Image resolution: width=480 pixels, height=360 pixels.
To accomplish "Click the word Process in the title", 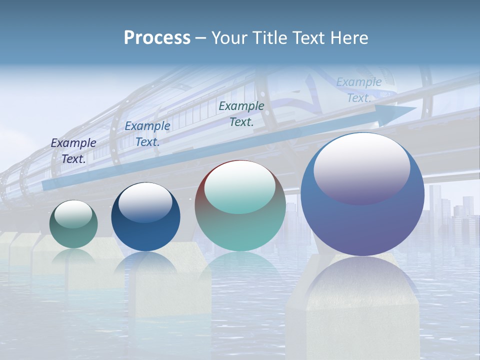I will (x=157, y=38).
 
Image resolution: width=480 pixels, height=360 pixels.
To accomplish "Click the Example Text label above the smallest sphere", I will (x=73, y=150).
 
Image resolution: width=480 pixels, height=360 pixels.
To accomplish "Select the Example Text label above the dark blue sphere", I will (x=147, y=133).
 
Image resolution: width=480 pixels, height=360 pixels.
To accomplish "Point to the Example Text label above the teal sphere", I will (x=241, y=113).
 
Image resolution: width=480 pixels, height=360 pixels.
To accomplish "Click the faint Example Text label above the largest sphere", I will (x=359, y=90).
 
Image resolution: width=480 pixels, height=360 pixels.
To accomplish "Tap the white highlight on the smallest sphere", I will (x=73, y=214).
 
